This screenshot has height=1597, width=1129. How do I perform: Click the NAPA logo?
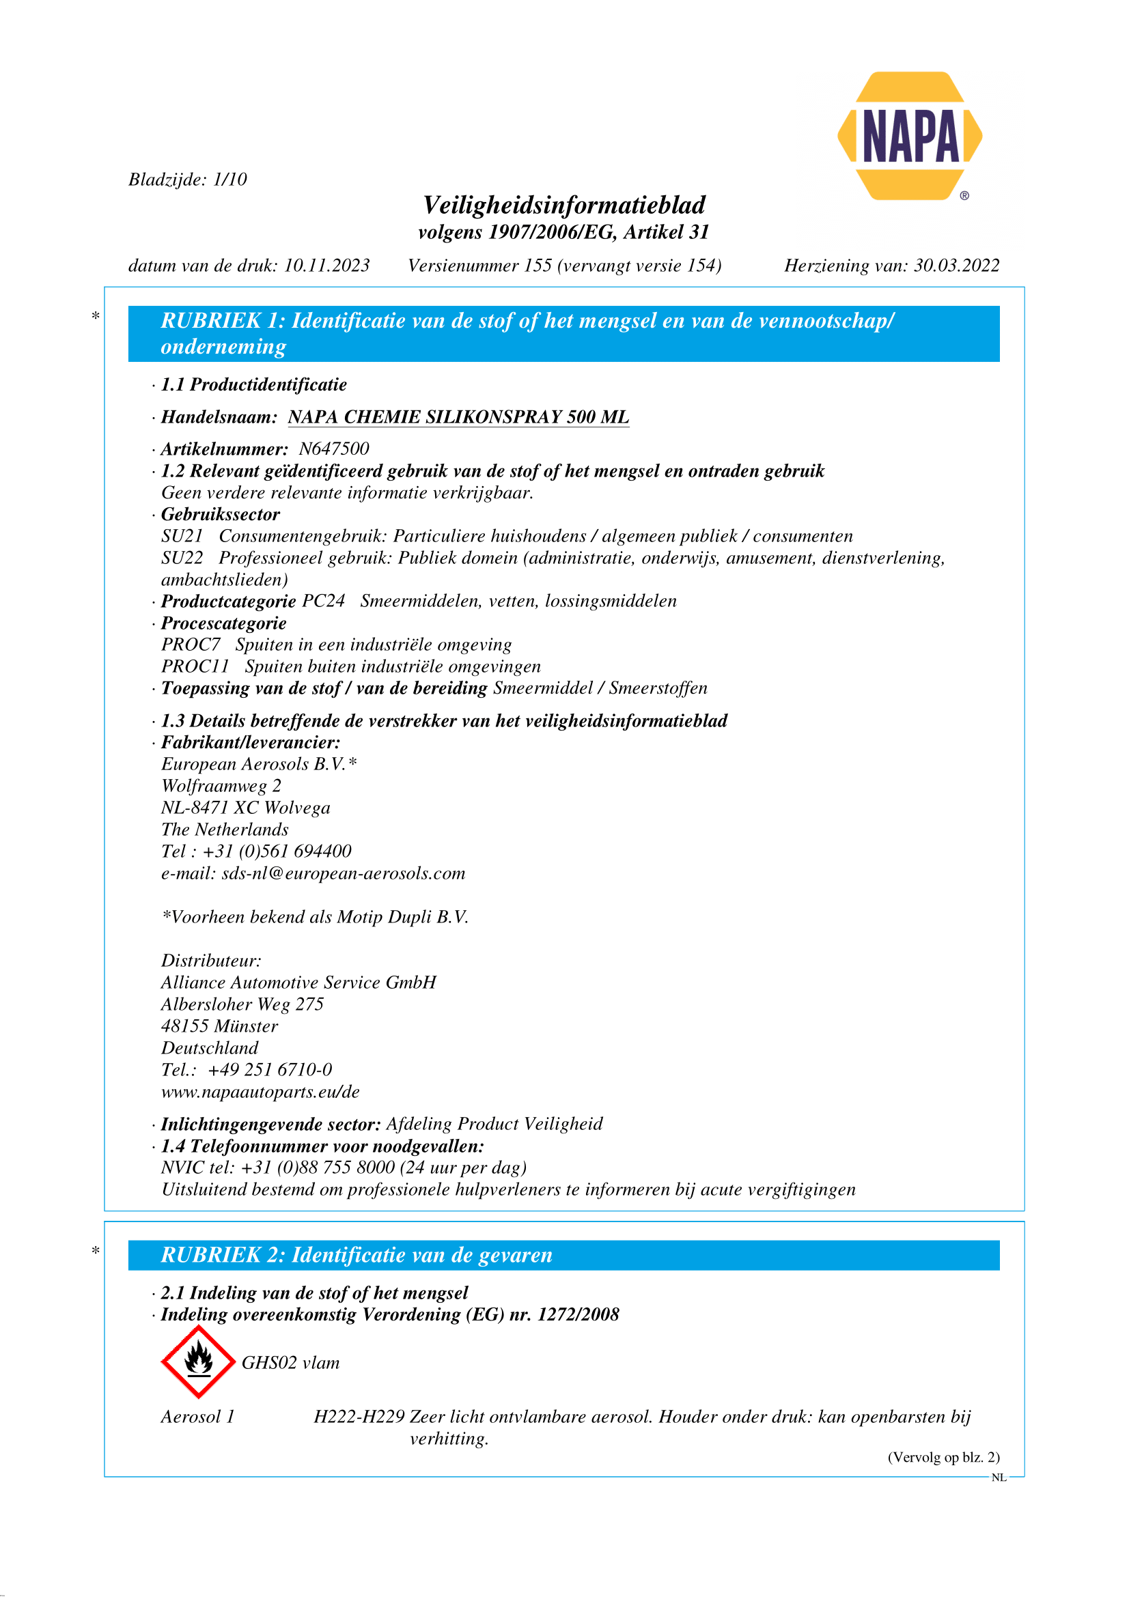coord(909,137)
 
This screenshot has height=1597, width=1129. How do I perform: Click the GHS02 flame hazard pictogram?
coord(198,1361)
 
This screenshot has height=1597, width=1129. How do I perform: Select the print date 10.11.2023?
coord(327,266)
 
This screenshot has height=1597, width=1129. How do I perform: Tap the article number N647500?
coord(334,449)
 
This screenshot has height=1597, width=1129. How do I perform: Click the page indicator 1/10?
coord(230,180)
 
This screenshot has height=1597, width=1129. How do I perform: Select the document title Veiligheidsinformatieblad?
coord(564,206)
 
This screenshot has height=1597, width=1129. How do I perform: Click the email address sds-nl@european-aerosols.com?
coord(343,873)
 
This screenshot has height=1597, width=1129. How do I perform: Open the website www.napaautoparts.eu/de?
coord(260,1091)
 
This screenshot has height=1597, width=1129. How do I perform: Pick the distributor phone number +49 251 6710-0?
coord(270,1069)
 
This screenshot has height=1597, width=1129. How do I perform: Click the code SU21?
coord(182,536)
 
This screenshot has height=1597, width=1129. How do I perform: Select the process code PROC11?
coord(195,666)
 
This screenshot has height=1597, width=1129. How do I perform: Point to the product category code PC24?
coord(324,601)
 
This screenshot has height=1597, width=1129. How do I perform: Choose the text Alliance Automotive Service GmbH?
coord(298,982)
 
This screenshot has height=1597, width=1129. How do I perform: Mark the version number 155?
coord(538,266)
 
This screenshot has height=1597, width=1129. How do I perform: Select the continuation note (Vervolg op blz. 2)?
coord(943,1457)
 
